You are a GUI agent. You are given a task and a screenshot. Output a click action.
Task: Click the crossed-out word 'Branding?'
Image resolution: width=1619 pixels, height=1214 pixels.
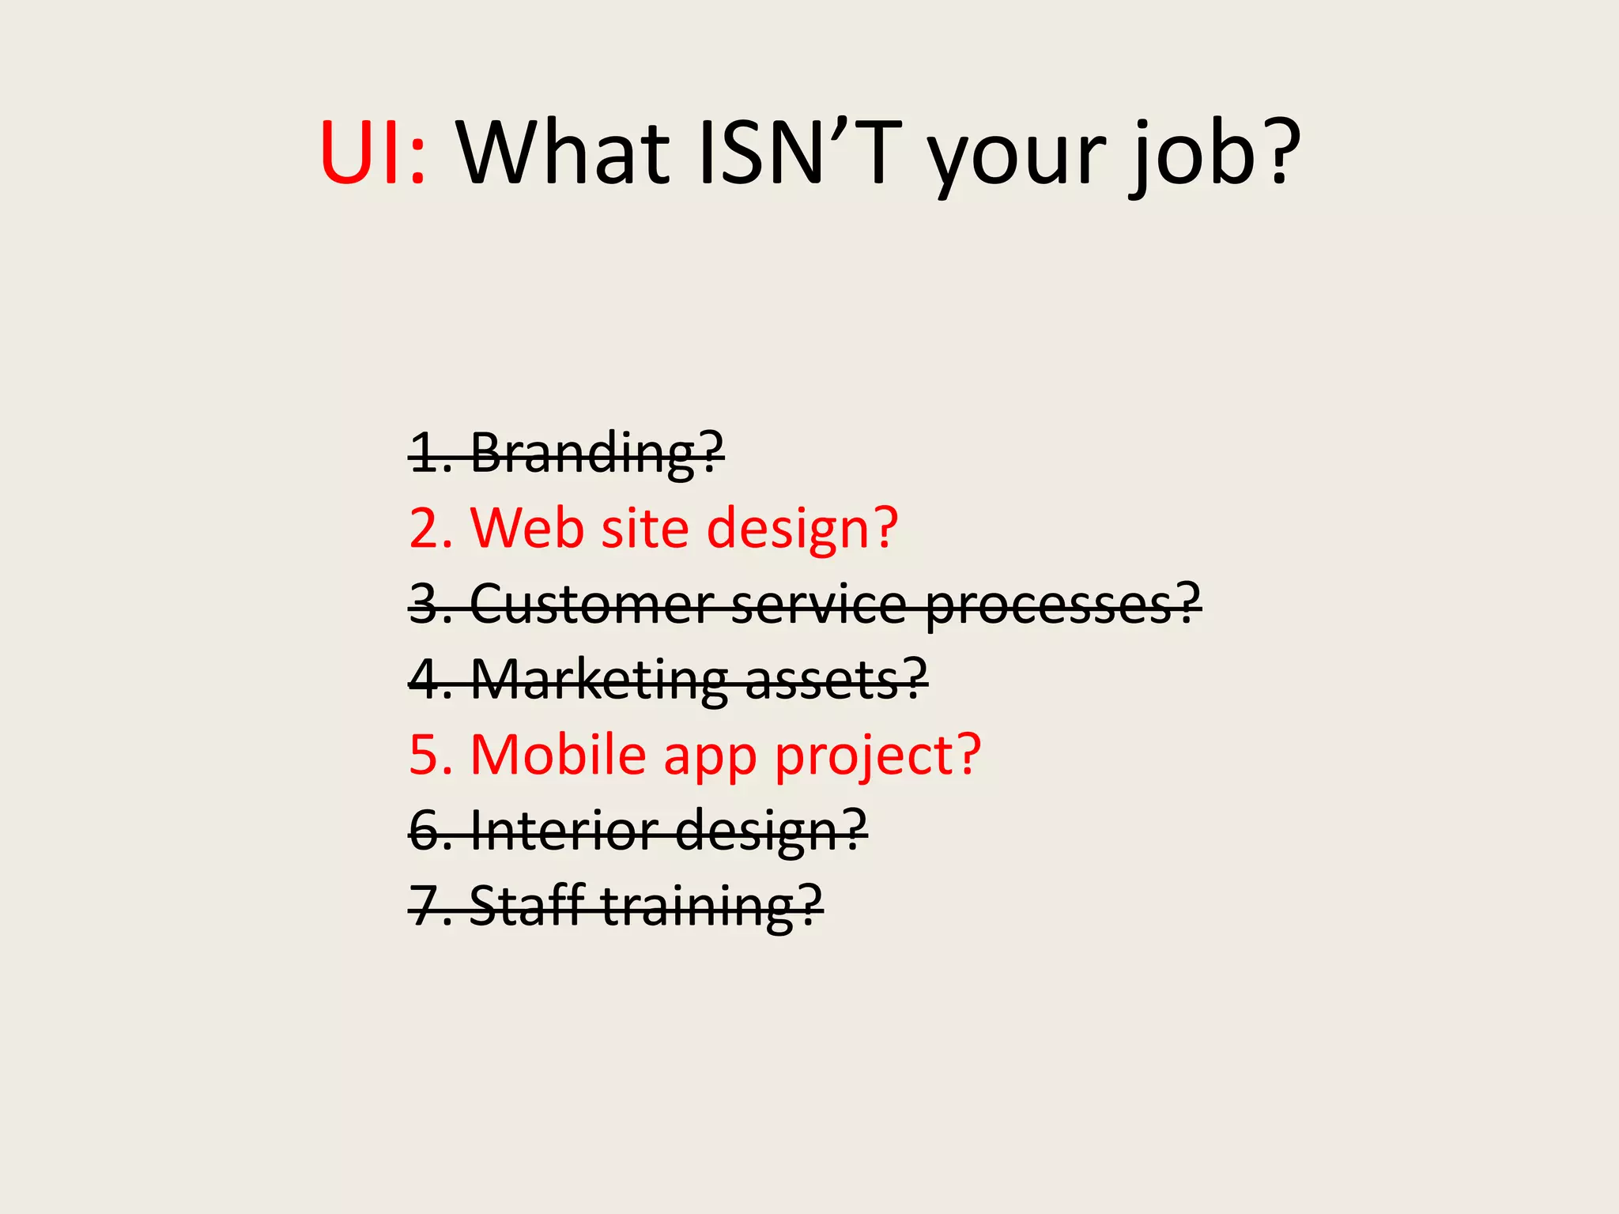pos(597,454)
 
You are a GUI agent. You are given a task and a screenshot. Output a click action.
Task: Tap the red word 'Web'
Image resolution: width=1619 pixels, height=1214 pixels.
pos(526,528)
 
